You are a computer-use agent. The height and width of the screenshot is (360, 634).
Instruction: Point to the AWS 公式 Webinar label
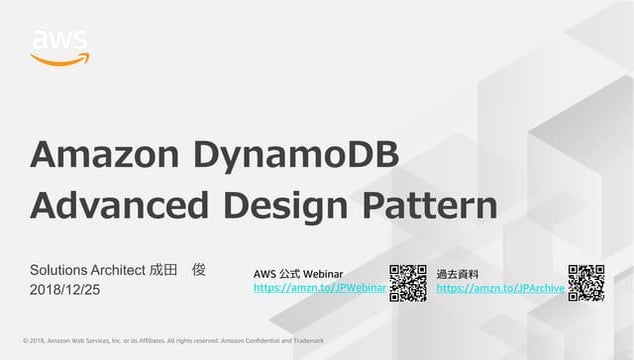point(300,273)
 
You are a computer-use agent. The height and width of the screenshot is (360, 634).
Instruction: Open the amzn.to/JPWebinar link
point(320,288)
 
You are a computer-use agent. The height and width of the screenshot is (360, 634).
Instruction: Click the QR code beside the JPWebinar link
point(407,282)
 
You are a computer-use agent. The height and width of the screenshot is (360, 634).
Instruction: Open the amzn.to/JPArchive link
point(501,288)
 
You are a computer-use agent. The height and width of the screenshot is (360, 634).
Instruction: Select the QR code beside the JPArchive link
point(586,282)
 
